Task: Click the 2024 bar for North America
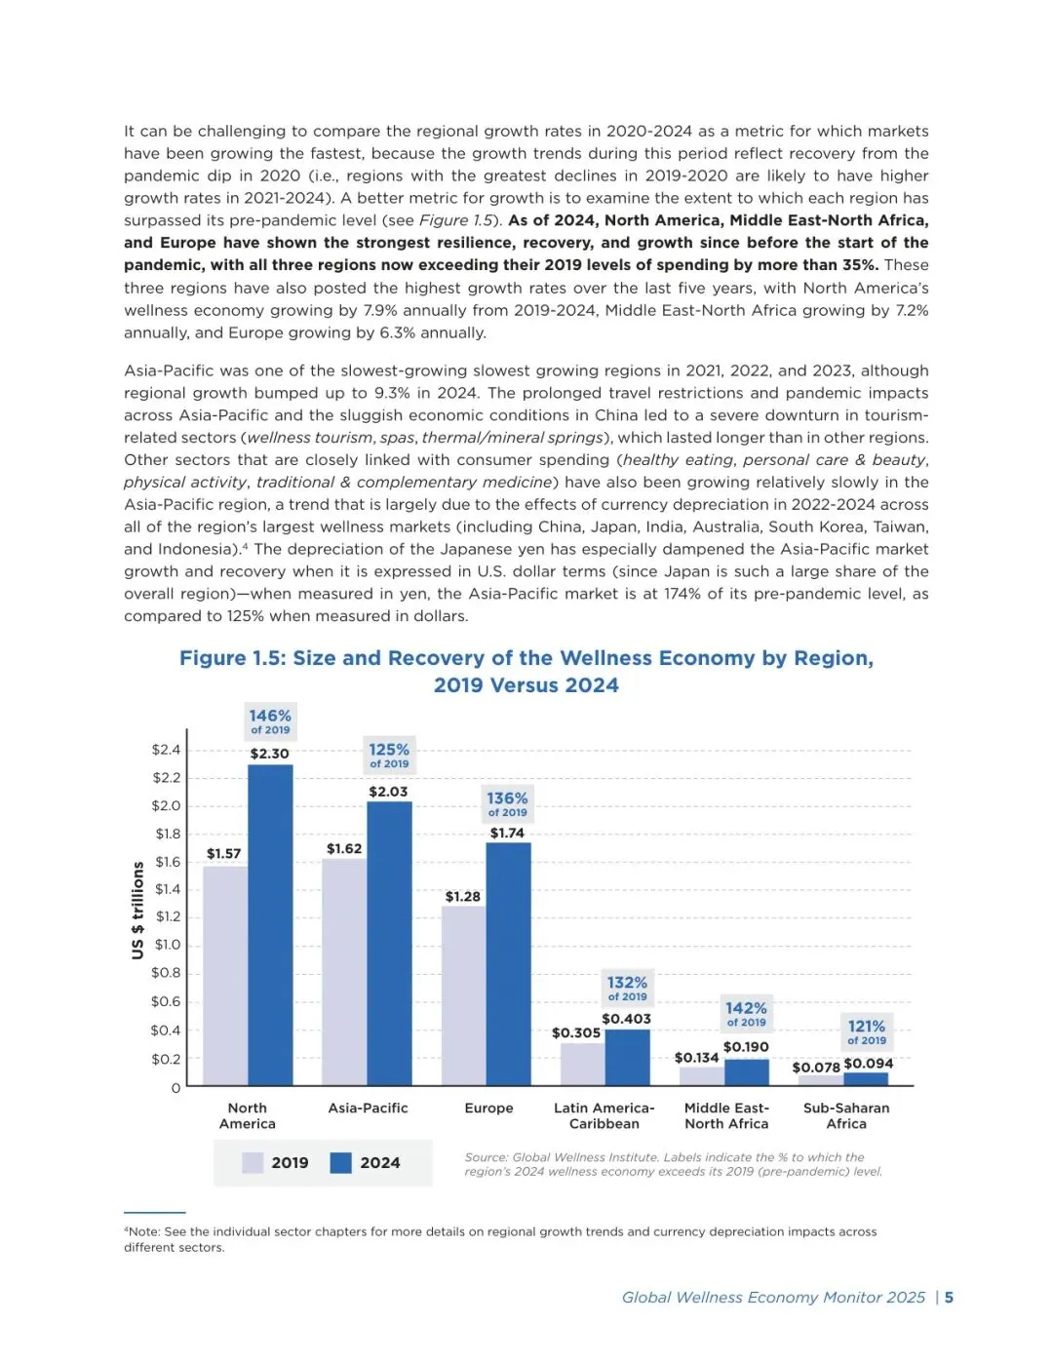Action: click(x=270, y=924)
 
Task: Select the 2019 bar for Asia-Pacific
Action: click(x=344, y=972)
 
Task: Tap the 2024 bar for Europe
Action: click(x=508, y=963)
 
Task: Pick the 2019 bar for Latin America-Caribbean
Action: click(x=582, y=1065)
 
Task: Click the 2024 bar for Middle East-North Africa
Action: click(x=747, y=1072)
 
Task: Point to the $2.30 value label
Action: click(x=269, y=754)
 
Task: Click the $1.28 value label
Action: click(x=462, y=897)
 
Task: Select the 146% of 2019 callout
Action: click(x=270, y=721)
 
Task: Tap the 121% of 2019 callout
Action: click(x=867, y=1032)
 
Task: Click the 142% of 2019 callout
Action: click(x=746, y=1014)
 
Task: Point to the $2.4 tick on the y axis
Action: click(x=166, y=750)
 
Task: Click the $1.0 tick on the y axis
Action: click(x=168, y=945)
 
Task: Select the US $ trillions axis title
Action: click(x=137, y=910)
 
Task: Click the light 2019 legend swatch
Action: click(x=253, y=1163)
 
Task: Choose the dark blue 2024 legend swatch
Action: click(x=340, y=1163)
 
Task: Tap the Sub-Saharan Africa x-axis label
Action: click(x=846, y=1116)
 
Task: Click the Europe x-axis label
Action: click(x=488, y=1109)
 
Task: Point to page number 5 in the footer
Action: click(x=949, y=1298)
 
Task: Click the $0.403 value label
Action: click(x=626, y=1020)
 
